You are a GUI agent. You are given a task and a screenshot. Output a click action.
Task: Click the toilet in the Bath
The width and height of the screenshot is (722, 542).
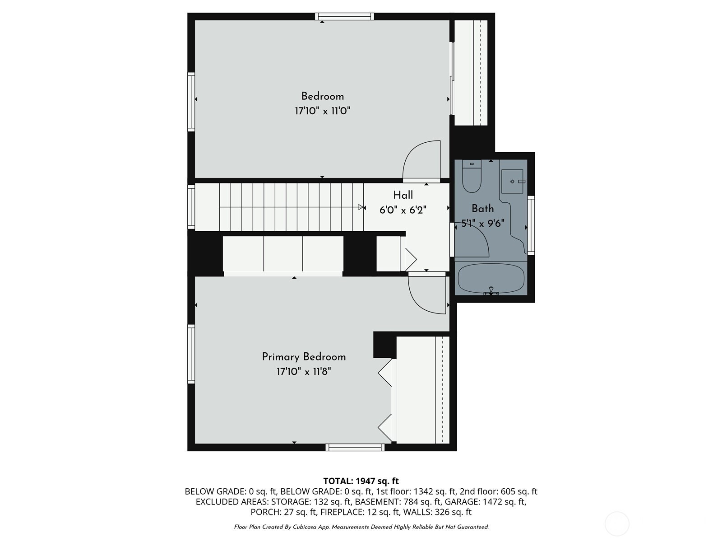472,176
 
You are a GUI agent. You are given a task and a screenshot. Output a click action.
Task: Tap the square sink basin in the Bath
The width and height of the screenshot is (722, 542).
512,181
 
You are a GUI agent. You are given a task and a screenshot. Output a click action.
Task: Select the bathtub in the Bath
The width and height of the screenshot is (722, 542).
491,278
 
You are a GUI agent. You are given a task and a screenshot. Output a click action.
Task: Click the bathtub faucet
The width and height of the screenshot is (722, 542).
491,290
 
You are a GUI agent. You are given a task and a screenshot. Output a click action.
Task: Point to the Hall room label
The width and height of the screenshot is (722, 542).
403,195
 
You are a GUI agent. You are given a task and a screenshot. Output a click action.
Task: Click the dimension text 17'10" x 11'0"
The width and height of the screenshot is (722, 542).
322,111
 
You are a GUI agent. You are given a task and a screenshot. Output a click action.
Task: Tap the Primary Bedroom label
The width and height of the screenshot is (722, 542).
304,357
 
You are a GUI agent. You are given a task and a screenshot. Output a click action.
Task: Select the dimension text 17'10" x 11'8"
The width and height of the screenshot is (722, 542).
304,372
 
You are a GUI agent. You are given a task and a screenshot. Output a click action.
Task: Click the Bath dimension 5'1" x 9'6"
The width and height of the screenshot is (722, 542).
482,224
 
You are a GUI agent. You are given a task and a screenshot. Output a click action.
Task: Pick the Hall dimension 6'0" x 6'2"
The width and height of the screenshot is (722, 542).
403,210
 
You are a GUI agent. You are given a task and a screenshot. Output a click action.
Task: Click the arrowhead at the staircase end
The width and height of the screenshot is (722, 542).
362,207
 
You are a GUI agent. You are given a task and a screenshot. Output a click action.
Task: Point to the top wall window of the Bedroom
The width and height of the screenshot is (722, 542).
344,16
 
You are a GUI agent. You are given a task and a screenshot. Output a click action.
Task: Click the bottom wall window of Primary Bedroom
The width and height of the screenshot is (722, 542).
355,447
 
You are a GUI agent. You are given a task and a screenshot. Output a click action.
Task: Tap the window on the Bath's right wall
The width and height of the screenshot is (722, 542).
531,225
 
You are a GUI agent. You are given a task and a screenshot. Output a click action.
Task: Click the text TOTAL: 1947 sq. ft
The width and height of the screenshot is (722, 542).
361,481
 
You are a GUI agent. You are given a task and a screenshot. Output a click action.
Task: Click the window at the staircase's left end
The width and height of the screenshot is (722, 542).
191,207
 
